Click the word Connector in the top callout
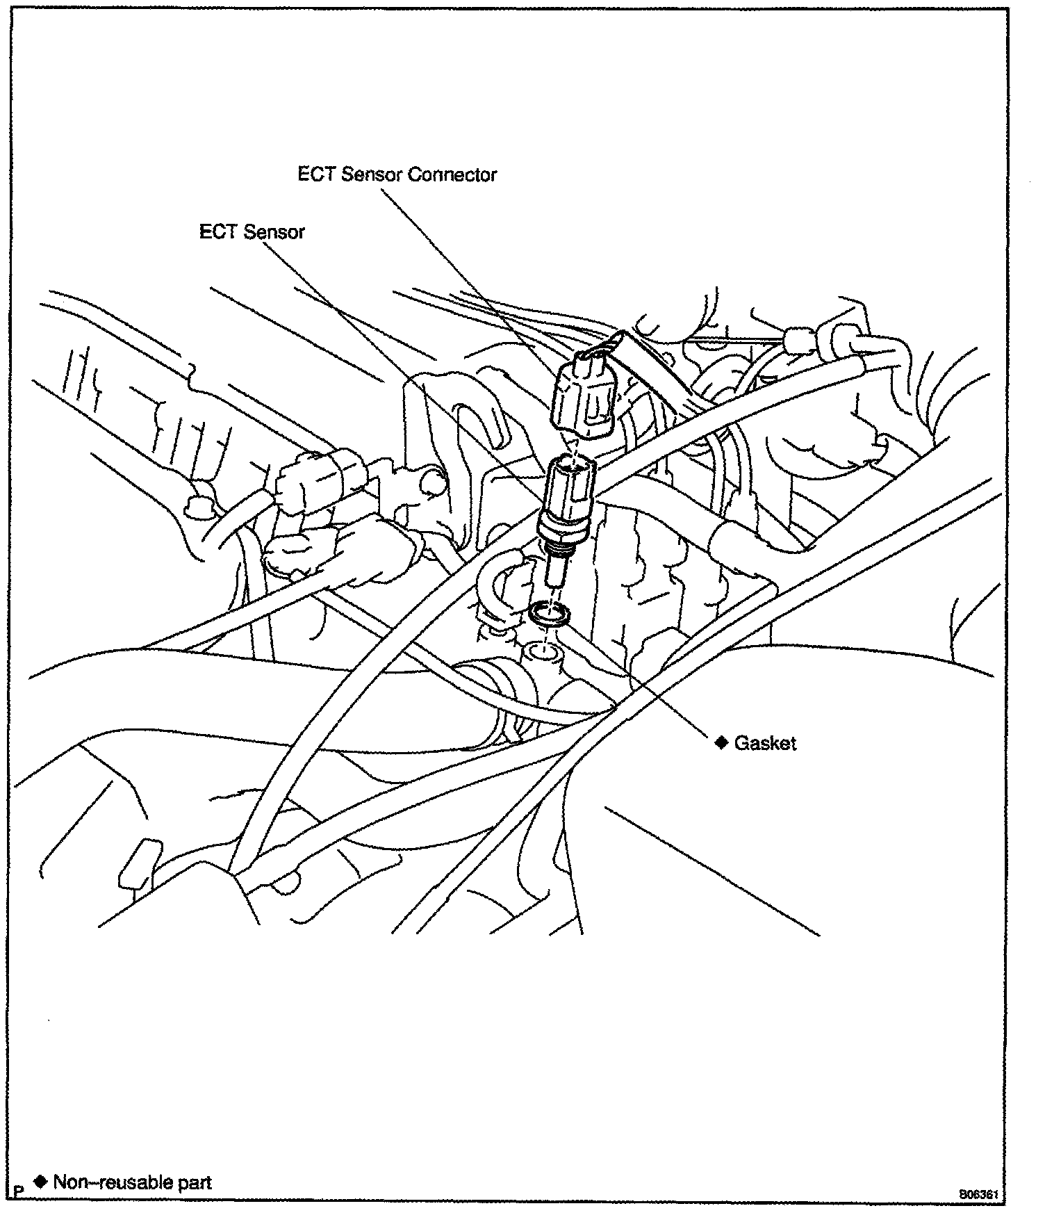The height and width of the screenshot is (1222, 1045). click(x=452, y=174)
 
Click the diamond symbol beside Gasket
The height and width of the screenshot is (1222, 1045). click(x=722, y=742)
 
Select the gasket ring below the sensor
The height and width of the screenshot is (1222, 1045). click(x=549, y=614)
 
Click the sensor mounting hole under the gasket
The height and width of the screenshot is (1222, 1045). click(x=543, y=652)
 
